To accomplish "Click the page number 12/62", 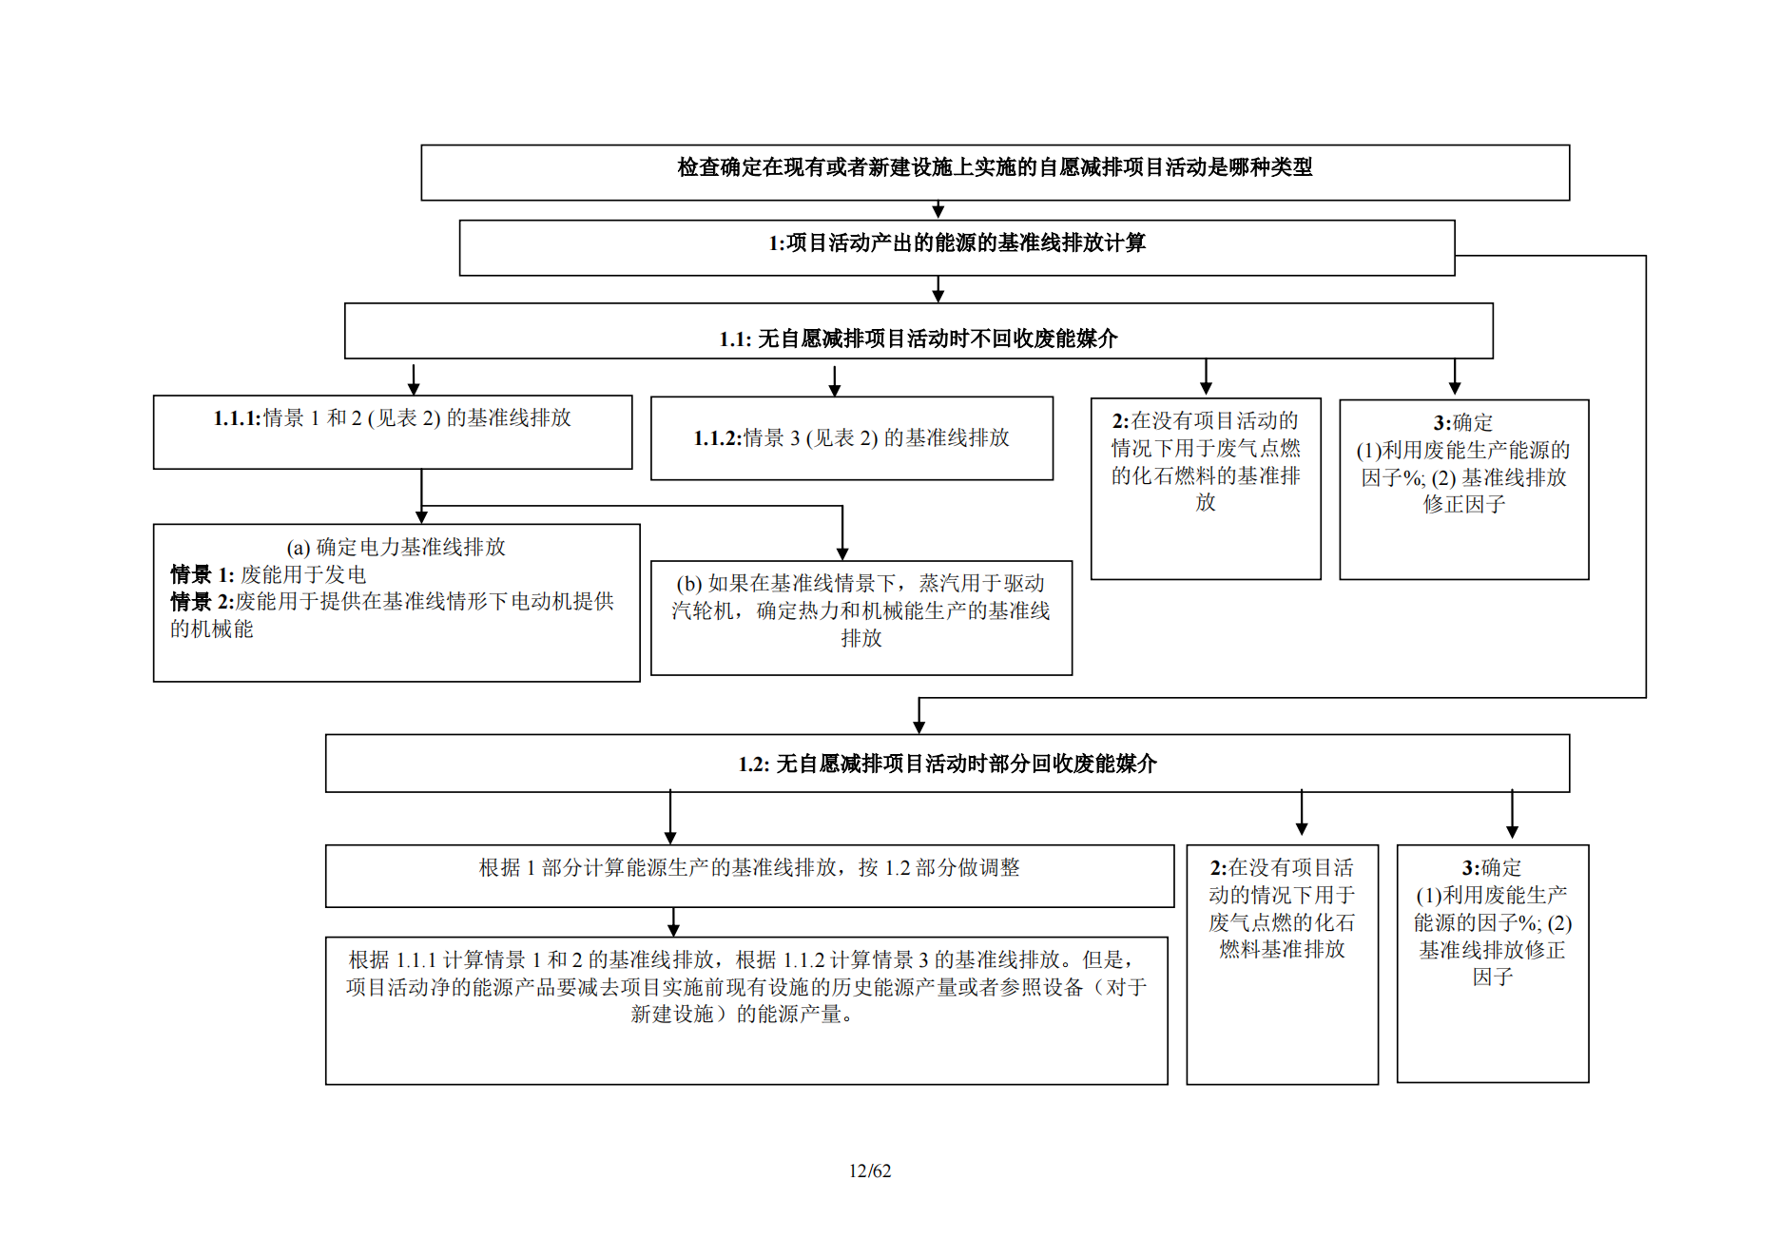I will (x=870, y=1171).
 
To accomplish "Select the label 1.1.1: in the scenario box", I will (x=237, y=418).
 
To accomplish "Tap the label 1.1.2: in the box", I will (x=717, y=438).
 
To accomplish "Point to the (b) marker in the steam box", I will (x=689, y=584).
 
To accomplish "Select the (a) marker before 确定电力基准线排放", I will (x=299, y=548).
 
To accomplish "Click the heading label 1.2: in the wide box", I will (x=754, y=764).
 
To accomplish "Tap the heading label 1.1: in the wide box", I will (x=735, y=339).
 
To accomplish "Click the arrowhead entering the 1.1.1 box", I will (x=414, y=388).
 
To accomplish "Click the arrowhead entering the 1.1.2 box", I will (x=835, y=390).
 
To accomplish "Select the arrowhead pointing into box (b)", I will (x=842, y=553).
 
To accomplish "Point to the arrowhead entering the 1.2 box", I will (x=919, y=727).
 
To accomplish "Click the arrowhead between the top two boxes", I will (x=938, y=212).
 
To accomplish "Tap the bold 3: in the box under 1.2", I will (x=1471, y=868).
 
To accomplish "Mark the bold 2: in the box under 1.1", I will (x=1121, y=421).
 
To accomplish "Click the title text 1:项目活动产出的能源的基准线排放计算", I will (x=957, y=243).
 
